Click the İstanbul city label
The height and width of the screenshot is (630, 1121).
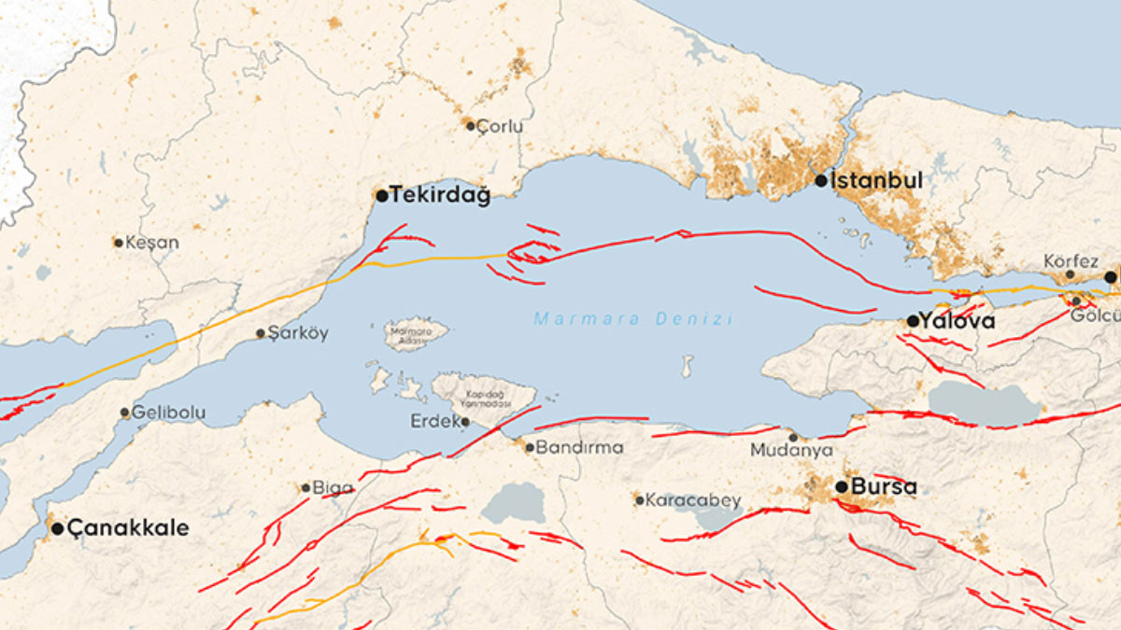[876, 180]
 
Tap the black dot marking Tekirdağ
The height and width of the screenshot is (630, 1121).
[381, 196]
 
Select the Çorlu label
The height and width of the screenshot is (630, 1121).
[500, 126]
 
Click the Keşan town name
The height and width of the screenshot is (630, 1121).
[151, 243]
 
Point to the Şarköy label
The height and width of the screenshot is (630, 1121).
[298, 333]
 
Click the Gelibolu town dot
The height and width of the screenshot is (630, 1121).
[124, 413]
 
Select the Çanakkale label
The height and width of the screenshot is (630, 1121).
[127, 528]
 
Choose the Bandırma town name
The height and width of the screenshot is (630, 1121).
[579, 447]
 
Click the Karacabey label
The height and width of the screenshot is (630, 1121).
[693, 500]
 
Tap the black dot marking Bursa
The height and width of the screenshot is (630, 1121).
[842, 486]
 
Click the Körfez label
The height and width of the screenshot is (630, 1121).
[1071, 261]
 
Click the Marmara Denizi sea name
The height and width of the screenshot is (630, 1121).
[633, 319]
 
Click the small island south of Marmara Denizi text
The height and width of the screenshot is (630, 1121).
[688, 365]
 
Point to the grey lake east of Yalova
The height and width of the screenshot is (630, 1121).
[983, 402]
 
